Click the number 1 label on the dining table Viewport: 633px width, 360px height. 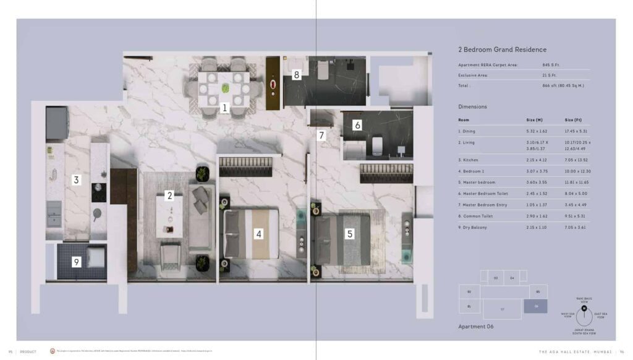225,108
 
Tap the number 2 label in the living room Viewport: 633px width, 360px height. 169,195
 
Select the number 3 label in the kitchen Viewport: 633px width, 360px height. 76,180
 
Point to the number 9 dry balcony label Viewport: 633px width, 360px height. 76,262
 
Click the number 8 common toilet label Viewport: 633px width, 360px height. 297,75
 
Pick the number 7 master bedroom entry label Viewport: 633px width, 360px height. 321,135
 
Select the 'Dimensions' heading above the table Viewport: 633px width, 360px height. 473,106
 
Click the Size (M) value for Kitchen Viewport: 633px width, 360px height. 535,160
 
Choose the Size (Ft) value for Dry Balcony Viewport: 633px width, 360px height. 573,227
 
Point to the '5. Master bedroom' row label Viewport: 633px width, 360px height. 478,182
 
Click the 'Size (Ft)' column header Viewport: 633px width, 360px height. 573,119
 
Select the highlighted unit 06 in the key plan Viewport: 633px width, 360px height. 535,306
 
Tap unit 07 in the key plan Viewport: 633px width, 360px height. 502,309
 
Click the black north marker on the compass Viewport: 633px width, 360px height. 584,307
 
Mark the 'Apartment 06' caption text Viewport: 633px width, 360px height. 476,326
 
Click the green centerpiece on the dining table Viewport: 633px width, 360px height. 225,88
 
